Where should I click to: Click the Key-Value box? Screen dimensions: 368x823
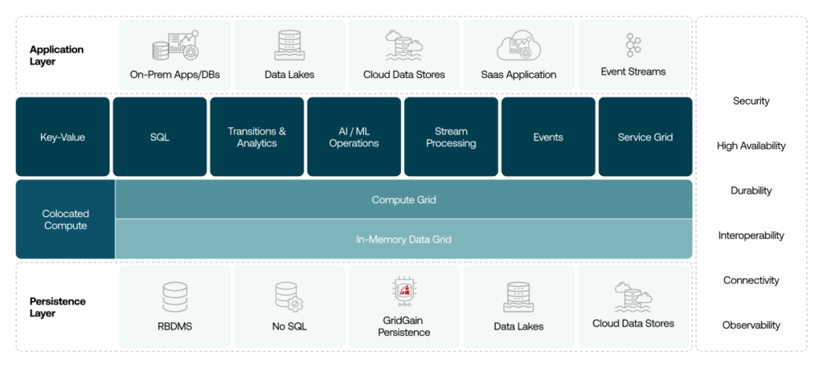63,137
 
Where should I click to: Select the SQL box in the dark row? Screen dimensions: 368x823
160,137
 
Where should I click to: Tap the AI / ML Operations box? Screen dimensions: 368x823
354,137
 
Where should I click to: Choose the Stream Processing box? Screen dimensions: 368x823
451,137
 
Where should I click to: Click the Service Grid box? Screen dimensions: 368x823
645,137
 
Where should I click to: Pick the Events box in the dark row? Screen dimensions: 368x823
548,137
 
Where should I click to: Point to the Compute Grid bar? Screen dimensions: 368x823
403,199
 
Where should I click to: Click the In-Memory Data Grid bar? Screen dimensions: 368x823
403,239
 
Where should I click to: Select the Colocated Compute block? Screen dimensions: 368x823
66,219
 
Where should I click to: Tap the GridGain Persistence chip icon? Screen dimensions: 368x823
403,292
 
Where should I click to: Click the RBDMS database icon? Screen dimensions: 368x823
174,296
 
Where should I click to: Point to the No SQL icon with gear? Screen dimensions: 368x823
288,296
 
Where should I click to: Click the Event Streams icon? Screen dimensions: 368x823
633,45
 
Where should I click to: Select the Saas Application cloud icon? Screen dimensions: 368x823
518,47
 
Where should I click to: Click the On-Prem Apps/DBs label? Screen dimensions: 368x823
174,75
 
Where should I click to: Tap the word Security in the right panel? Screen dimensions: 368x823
751,101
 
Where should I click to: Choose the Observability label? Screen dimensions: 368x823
751,325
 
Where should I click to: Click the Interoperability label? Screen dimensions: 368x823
751,235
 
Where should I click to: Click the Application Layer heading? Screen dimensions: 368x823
57,55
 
